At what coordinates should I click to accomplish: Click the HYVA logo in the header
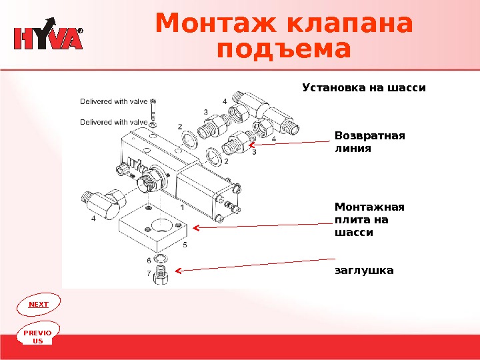click(48, 39)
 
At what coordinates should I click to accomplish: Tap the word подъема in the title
click(284, 50)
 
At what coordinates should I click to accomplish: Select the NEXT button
click(39, 304)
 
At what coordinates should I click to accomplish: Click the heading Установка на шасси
click(363, 87)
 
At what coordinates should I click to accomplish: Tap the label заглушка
click(364, 271)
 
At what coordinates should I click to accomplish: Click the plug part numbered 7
click(160, 273)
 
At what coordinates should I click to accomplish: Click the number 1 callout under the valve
click(182, 208)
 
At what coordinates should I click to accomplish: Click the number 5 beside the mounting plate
click(185, 245)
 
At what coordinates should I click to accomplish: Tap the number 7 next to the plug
click(148, 273)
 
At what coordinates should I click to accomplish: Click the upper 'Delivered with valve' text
click(113, 102)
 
